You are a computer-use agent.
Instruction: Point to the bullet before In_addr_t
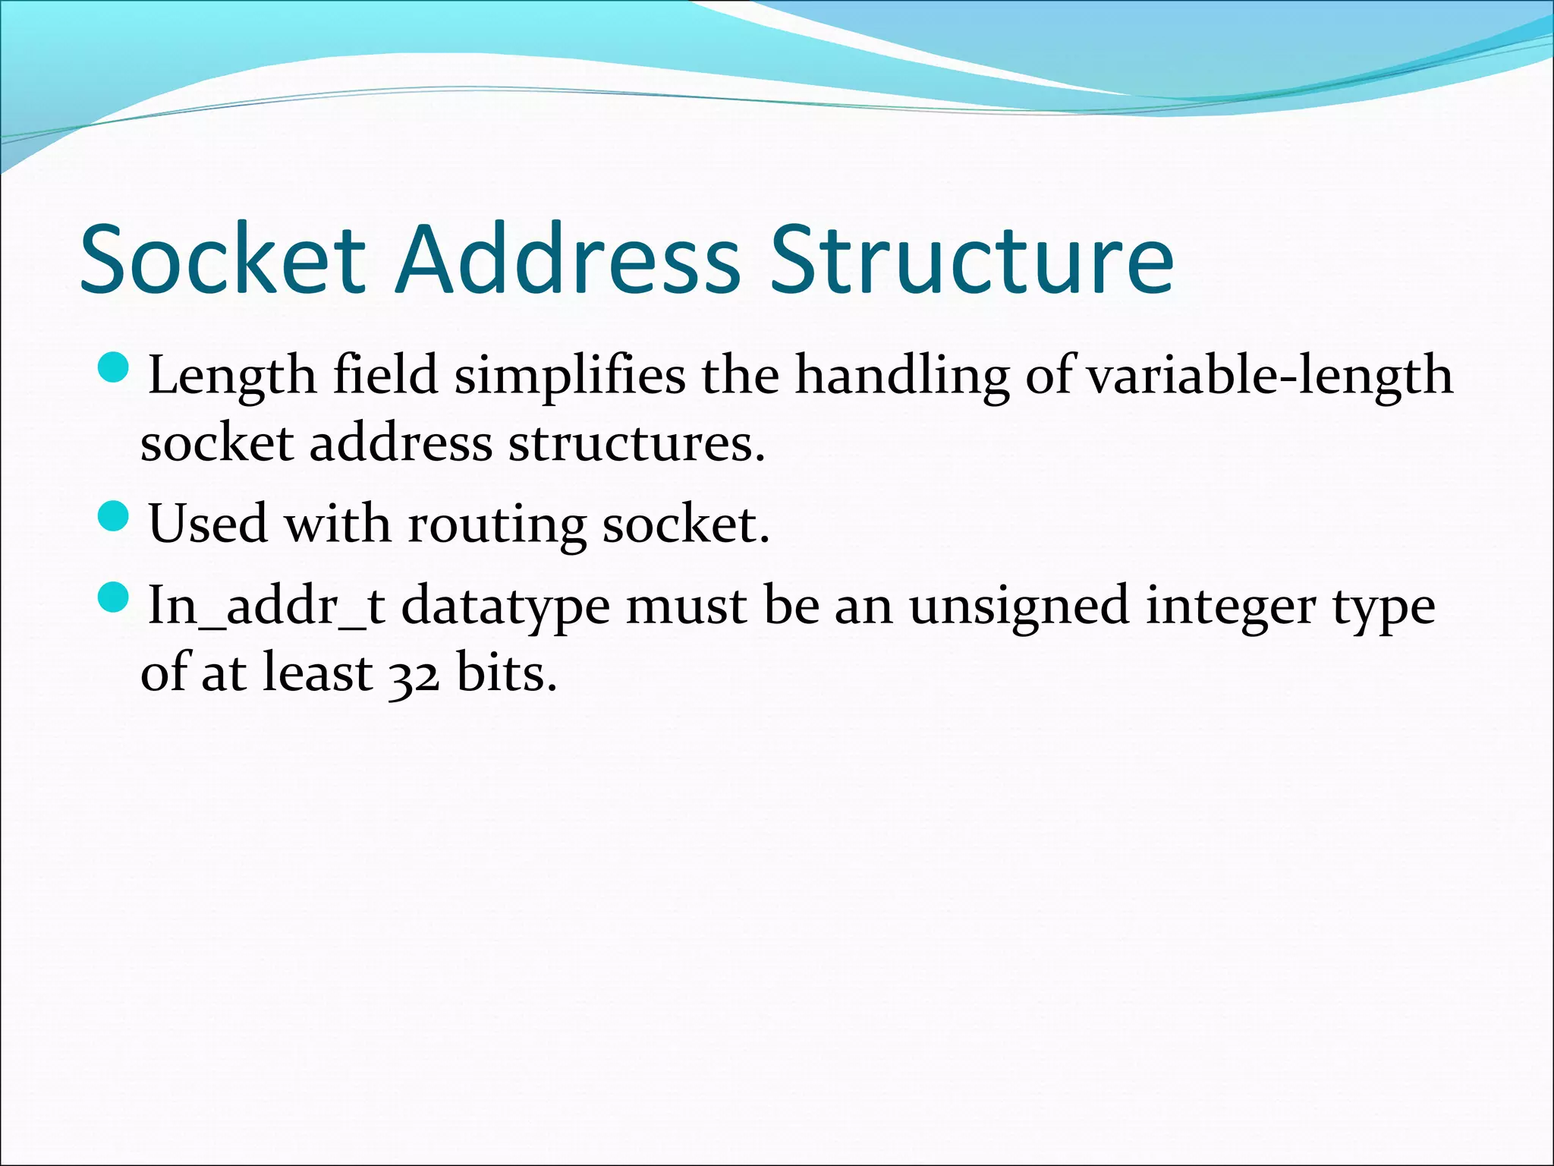pyautogui.click(x=115, y=597)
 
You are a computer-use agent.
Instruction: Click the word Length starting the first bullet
pyautogui.click(x=231, y=377)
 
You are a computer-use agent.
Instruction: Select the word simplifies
pyautogui.click(x=569, y=377)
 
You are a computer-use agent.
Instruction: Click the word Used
pyautogui.click(x=208, y=525)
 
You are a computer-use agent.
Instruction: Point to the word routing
pyautogui.click(x=497, y=525)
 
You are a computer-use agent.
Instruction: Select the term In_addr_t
pyautogui.click(x=266, y=607)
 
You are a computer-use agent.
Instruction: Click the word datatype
pyautogui.click(x=505, y=607)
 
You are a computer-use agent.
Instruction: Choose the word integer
pyautogui.click(x=1230, y=607)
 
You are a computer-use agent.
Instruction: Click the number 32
pyautogui.click(x=414, y=674)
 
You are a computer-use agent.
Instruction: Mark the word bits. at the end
pyautogui.click(x=506, y=673)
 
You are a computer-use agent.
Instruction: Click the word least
pyautogui.click(x=317, y=673)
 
